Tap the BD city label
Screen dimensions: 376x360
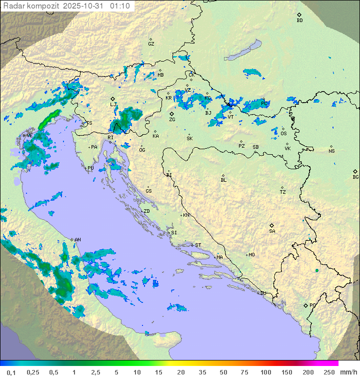(299, 21)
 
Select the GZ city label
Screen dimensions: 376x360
(151, 44)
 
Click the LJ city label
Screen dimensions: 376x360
(113, 105)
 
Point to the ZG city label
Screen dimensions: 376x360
(172, 120)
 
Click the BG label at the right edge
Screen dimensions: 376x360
(355, 177)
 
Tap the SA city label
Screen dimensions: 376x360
(272, 231)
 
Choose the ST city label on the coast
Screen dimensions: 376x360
(198, 245)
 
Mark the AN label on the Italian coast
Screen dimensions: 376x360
(77, 240)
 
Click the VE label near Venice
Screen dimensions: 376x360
(29, 136)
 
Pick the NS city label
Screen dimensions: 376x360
(331, 151)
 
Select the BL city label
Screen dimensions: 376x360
(223, 180)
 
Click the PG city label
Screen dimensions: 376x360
(312, 305)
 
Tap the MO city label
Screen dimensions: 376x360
(251, 254)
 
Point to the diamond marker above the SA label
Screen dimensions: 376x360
(272, 225)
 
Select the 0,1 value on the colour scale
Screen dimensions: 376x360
(11, 372)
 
